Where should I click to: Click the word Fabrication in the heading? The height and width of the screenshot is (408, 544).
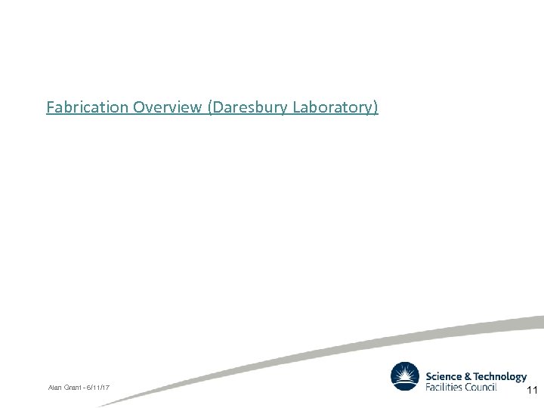coord(87,107)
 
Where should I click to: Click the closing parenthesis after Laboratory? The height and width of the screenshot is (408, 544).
coord(376,108)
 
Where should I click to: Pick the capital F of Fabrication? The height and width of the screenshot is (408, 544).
coord(50,107)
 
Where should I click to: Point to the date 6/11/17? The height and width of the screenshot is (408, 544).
coord(97,388)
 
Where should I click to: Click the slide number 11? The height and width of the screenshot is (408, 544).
coord(531,391)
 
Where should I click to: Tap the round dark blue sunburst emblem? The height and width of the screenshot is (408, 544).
coord(405,376)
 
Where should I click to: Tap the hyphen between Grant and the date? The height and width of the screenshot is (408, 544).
coord(83,388)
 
